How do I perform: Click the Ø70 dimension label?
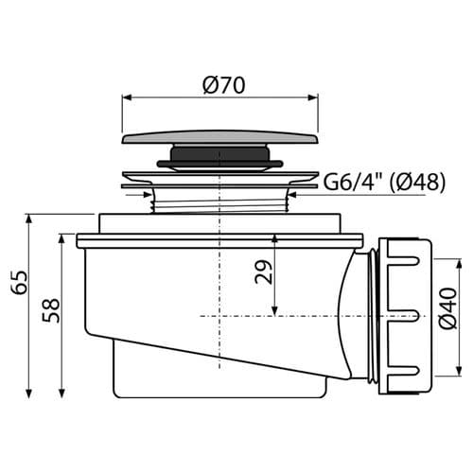pos(224,85)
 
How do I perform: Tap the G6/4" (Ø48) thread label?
pos(384,182)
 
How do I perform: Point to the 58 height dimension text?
pos(51,310)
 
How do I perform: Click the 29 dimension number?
pos(263,272)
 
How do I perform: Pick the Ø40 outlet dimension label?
pos(448,308)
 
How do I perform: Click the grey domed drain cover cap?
pos(220,137)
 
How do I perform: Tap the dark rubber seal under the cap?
pos(219,157)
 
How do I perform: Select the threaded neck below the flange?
pos(219,204)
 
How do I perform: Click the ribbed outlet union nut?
pos(405,316)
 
